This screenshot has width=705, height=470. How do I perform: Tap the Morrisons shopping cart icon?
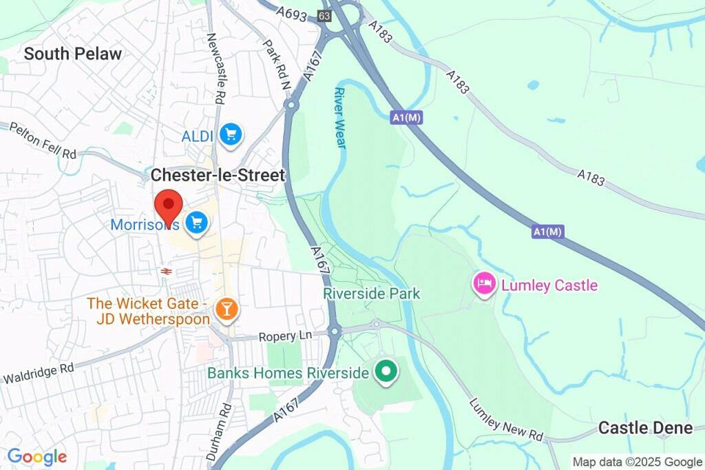197,222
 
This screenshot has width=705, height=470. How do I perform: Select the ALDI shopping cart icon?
231,134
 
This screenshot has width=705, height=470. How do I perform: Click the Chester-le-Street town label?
218,176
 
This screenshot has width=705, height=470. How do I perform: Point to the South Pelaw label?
73,54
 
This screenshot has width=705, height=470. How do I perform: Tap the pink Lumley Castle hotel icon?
484,283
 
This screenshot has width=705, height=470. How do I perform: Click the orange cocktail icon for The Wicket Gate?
225,308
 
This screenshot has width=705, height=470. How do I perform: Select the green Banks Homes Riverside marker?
386,372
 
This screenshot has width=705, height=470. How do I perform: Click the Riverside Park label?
372,294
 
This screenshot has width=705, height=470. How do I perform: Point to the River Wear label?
339,117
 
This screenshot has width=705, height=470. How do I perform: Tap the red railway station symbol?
166,272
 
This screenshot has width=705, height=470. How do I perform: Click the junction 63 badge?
324,15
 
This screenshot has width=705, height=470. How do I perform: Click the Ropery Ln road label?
285,336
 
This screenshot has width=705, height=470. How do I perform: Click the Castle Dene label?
645,428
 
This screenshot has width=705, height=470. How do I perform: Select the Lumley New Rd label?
505,420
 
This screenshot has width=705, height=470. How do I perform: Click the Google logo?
37,456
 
